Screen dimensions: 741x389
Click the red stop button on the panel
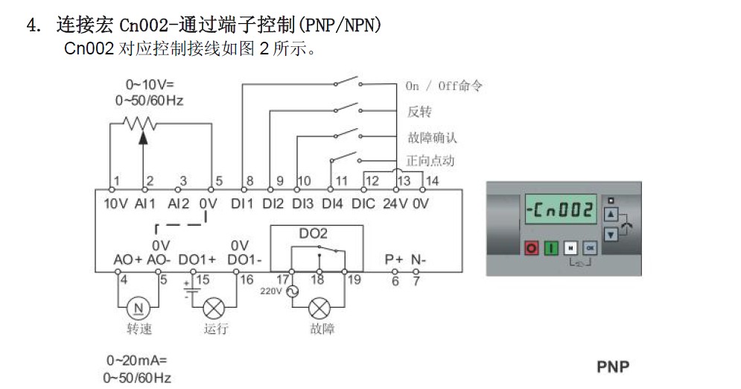pos(532,247)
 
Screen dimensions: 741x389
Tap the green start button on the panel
pos(551,247)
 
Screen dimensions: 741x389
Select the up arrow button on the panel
pos(611,214)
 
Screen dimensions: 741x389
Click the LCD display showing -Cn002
pos(561,209)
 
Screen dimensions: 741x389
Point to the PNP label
pos(613,367)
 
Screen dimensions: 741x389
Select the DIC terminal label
pos(363,203)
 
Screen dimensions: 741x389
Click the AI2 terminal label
pos(178,203)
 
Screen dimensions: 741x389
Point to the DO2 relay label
pos(314,233)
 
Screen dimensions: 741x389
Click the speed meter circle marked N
pos(138,309)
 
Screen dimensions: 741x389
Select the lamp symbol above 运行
pos(214,309)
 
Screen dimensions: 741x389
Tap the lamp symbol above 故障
pos(319,309)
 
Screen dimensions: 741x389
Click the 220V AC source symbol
pos(292,291)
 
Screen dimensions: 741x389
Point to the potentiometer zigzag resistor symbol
pos(140,124)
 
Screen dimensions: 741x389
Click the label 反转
pos(419,112)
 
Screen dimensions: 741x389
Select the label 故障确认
pos(433,138)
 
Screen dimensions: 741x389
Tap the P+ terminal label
pos(394,259)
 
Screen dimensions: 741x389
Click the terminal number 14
pos(432,181)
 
